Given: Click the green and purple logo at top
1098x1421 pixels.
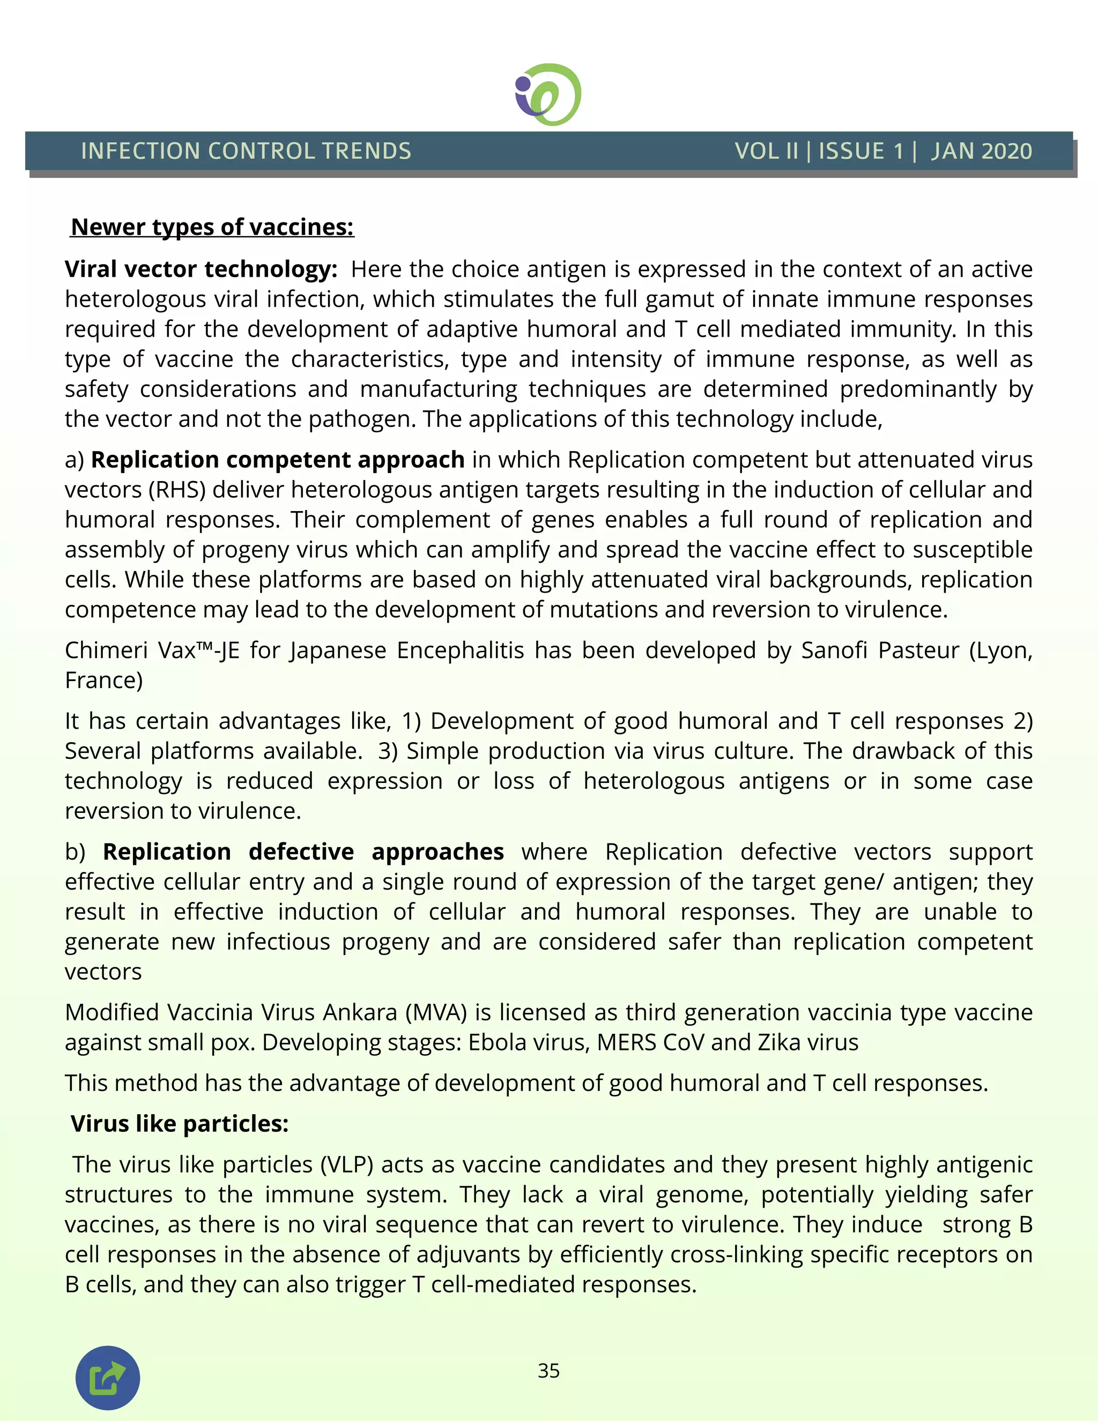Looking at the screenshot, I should coord(548,95).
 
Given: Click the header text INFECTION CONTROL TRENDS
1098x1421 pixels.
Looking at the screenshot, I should coord(246,151).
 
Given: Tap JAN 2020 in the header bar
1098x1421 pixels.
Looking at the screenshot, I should coord(981,151).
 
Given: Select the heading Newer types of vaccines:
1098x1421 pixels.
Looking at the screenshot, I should coord(212,227).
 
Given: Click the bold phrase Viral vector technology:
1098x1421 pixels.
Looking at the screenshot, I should coord(201,269).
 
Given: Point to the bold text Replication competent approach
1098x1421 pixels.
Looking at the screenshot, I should coord(278,460).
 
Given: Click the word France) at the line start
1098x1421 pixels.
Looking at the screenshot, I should coord(103,680).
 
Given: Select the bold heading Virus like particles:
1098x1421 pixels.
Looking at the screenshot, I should coord(180,1123).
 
